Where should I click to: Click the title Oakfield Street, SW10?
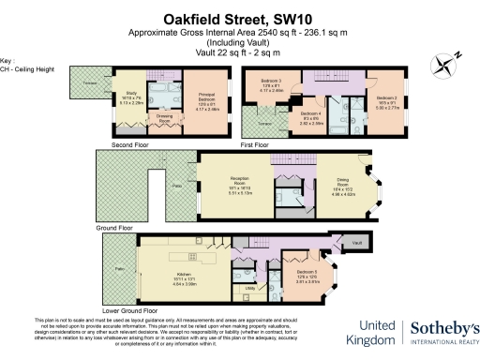(239, 17)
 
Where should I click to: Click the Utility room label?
(251, 289)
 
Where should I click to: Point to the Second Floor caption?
(132, 145)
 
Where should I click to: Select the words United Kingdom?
(373, 334)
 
